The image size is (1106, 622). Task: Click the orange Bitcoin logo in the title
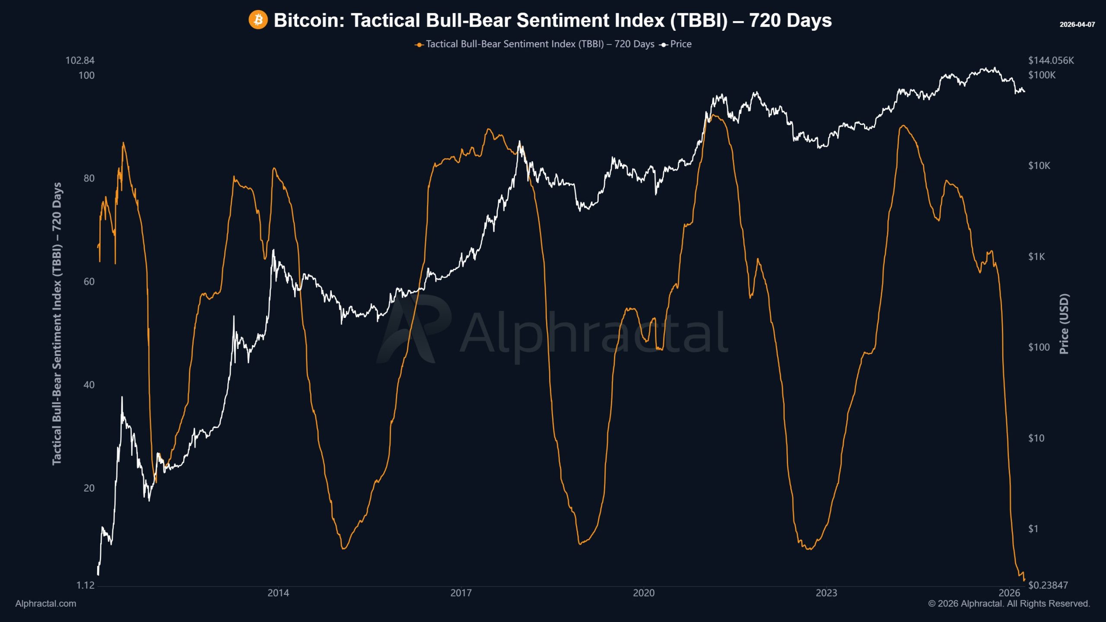(x=258, y=20)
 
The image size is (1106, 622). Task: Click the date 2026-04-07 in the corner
(x=1077, y=25)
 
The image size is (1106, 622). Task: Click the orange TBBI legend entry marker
(x=419, y=44)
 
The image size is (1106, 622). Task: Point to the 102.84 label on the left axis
(x=79, y=60)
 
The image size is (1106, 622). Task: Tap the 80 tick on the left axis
(x=89, y=178)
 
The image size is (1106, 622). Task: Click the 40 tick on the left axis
(x=89, y=385)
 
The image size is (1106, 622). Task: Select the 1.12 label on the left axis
(x=85, y=585)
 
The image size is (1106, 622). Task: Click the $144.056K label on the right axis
(x=1051, y=60)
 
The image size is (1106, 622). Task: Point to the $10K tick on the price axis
(x=1039, y=166)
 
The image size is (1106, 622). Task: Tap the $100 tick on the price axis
(x=1039, y=347)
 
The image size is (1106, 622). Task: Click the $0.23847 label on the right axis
(x=1048, y=585)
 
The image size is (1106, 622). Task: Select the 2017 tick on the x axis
(x=461, y=593)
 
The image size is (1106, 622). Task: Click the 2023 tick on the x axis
(x=826, y=593)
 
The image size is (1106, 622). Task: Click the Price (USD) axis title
(x=1064, y=324)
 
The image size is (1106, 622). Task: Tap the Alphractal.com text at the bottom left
(x=45, y=604)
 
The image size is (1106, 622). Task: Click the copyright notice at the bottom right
(x=1009, y=604)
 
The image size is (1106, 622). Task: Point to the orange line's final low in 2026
(x=1024, y=580)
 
